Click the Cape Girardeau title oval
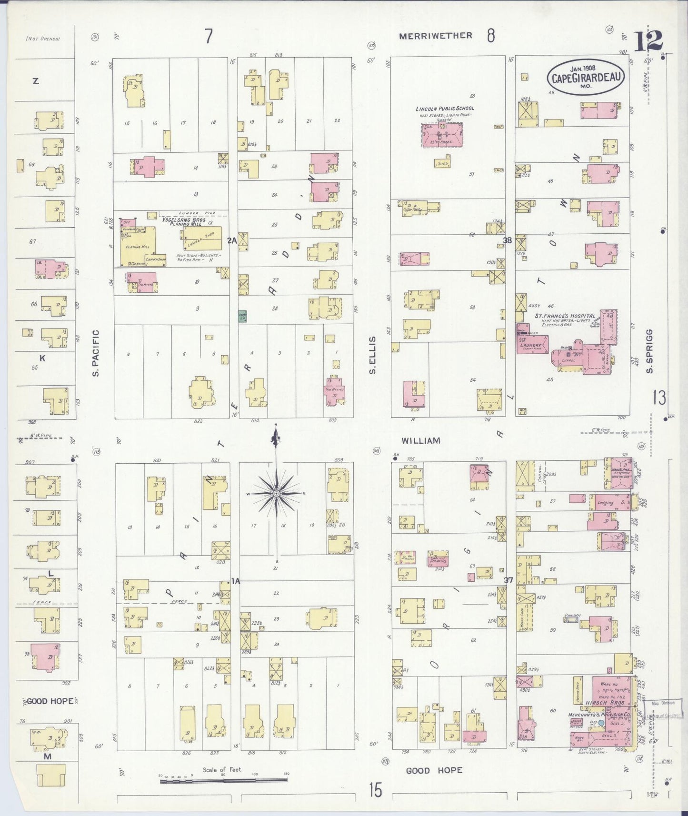click(586, 76)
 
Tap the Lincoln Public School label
click(445, 109)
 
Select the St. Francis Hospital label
click(564, 316)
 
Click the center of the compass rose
click(276, 494)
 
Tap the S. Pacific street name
click(96, 353)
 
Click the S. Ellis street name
click(373, 355)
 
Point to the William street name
click(420, 441)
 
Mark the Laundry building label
click(531, 346)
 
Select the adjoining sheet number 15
click(375, 790)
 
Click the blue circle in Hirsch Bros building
click(601, 723)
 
